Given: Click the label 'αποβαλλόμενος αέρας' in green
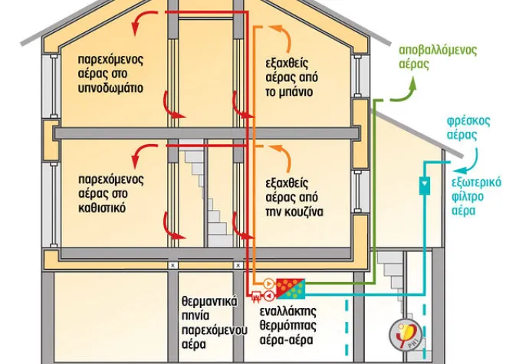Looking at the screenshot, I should (x=438, y=57).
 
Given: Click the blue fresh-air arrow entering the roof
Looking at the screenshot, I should (x=465, y=157).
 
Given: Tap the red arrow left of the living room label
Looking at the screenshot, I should (x=139, y=156).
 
